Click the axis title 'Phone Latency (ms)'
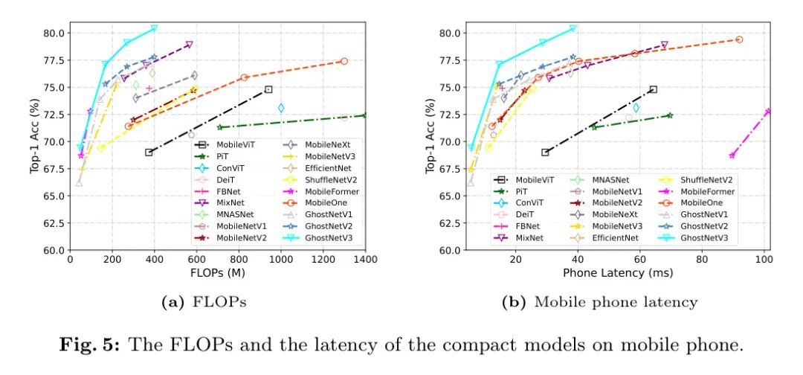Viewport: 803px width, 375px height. (x=616, y=273)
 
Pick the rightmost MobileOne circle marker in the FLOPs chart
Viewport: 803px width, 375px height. (x=344, y=61)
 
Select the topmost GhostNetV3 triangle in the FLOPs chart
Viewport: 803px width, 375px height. (x=154, y=28)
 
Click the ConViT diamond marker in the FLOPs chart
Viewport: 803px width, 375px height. (x=281, y=108)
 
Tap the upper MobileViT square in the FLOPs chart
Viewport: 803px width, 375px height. (x=268, y=89)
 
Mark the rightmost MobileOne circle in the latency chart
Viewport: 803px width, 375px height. (x=739, y=39)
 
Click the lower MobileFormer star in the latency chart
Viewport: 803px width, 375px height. (x=732, y=155)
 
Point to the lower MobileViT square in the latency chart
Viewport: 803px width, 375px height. (x=545, y=153)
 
